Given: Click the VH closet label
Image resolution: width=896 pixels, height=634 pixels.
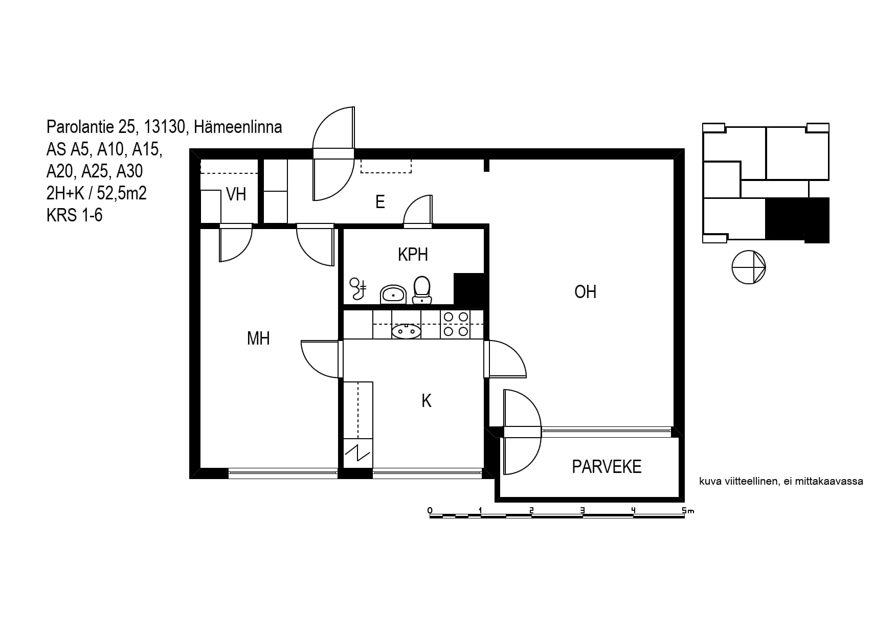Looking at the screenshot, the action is pyautogui.click(x=236, y=194).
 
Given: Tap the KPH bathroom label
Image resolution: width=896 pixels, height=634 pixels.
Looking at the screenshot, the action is pyautogui.click(x=413, y=255).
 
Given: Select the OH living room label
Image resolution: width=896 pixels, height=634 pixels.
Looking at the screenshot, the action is pyautogui.click(x=585, y=292).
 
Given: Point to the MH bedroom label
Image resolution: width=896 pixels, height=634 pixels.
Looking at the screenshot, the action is pyautogui.click(x=258, y=338).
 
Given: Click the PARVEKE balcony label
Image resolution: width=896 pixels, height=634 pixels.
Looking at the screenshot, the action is pyautogui.click(x=607, y=467).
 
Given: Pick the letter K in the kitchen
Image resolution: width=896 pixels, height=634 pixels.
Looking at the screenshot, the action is pyautogui.click(x=427, y=401).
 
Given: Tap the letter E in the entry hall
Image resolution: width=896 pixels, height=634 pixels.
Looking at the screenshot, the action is pyautogui.click(x=380, y=202).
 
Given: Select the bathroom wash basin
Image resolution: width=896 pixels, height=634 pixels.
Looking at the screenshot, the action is pyautogui.click(x=393, y=295).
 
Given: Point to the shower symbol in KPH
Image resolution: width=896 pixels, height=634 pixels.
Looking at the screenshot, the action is pyautogui.click(x=358, y=289).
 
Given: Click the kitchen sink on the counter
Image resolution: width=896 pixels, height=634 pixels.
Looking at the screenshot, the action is pyautogui.click(x=406, y=331).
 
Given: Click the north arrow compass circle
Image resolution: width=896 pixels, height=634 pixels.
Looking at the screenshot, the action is pyautogui.click(x=749, y=267).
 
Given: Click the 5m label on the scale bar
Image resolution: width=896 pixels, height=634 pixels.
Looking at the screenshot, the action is pyautogui.click(x=688, y=510).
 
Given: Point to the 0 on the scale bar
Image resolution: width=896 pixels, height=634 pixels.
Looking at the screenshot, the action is pyautogui.click(x=430, y=510).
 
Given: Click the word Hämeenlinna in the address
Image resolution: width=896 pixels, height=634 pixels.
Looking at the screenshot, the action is pyautogui.click(x=238, y=126).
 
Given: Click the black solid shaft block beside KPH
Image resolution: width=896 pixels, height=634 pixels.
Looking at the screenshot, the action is pyautogui.click(x=469, y=289).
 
